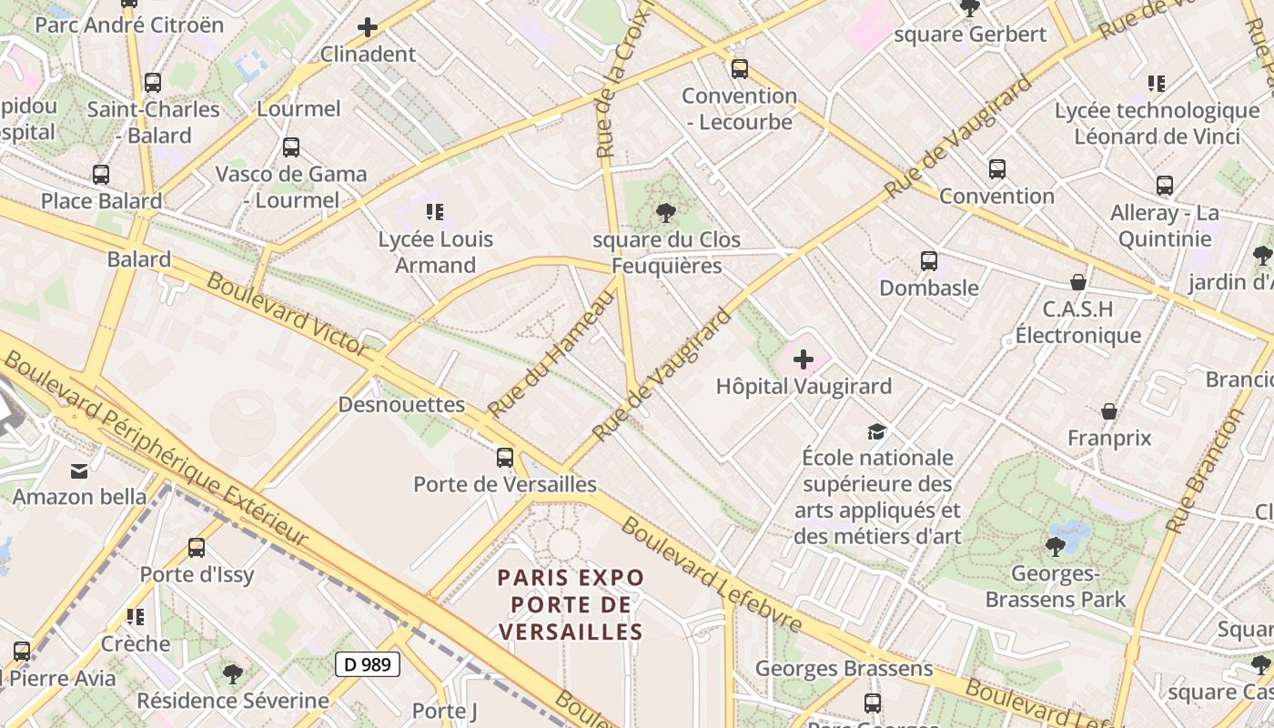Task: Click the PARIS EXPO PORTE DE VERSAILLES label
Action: [571, 604]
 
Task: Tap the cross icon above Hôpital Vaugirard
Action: [804, 359]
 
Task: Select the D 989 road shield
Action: [368, 664]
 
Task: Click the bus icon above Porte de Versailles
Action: [505, 457]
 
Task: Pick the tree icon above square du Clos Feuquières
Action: [665, 213]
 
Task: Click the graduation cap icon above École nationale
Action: [876, 430]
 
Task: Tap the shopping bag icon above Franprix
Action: [1109, 411]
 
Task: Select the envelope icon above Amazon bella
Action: [79, 470]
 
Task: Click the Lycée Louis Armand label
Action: [436, 252]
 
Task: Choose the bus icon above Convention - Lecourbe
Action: [740, 68]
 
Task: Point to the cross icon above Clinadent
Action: [368, 27]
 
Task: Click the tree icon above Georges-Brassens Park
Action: [1056, 547]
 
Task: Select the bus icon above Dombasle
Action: [929, 261]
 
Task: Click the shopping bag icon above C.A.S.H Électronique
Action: [1078, 282]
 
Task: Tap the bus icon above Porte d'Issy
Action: [197, 548]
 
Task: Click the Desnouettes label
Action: [401, 405]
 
